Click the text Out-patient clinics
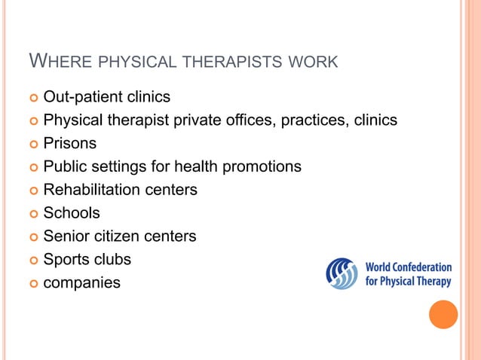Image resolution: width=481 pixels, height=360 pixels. (x=106, y=97)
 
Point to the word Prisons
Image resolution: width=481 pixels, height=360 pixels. (x=70, y=143)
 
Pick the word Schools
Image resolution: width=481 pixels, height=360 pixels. (x=72, y=213)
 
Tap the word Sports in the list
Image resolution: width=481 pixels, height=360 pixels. (x=66, y=260)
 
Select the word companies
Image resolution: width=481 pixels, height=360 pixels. (x=81, y=283)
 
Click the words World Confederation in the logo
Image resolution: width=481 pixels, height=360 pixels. (x=408, y=267)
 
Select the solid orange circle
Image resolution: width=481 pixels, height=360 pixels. (x=443, y=314)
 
